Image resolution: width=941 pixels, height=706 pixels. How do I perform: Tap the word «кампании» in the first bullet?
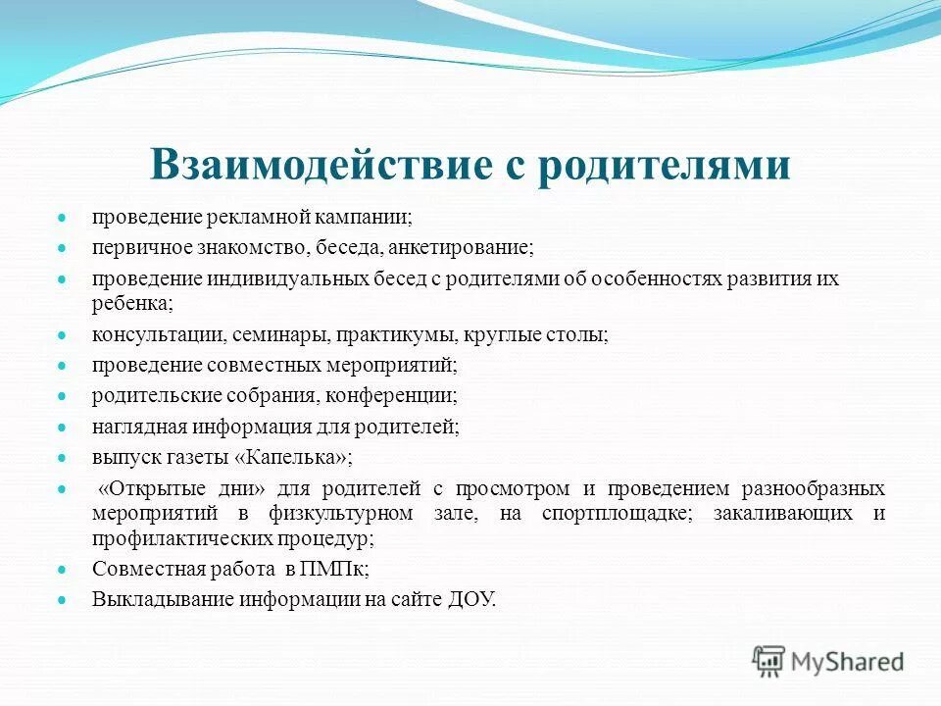point(371,216)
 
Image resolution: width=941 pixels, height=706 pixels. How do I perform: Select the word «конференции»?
point(398,396)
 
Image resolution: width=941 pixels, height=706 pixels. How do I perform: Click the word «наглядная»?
point(134,427)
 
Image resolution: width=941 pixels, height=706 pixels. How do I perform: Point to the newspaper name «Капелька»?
point(298,457)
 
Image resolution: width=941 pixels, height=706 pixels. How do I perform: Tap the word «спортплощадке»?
point(616,514)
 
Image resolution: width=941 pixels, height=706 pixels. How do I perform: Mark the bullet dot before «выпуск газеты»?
point(61,458)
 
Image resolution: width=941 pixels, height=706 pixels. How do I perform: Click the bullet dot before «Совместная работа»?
point(61,570)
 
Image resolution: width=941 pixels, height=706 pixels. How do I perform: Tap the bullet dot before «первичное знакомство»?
point(61,249)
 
